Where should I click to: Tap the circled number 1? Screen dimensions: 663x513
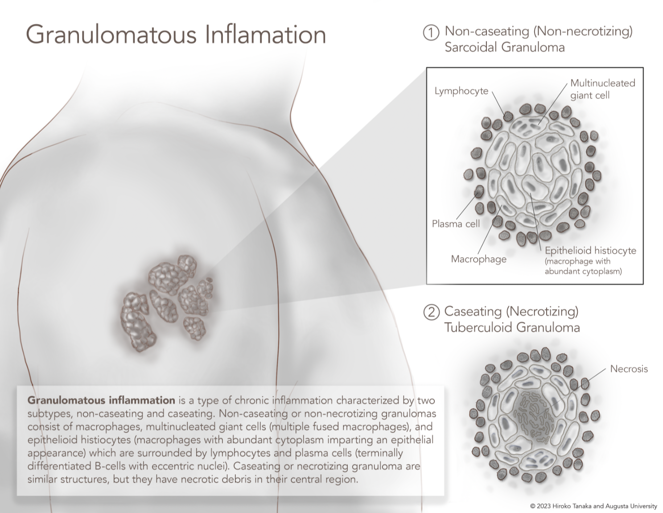(431, 33)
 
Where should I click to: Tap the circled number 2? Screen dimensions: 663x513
(431, 312)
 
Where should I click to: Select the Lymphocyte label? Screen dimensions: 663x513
(461, 91)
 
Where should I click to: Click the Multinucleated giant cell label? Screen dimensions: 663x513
(602, 89)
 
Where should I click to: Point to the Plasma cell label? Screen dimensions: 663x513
(456, 224)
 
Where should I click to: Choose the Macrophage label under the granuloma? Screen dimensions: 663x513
(478, 259)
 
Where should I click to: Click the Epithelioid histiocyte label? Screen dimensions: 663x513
(590, 251)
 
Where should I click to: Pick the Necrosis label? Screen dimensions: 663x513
(629, 369)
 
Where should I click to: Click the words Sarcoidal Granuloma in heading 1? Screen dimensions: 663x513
(504, 47)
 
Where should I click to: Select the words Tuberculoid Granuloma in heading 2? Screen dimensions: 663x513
(512, 327)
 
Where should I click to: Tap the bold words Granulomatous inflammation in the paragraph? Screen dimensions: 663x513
(101, 400)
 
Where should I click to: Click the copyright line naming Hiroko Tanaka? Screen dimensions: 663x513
(593, 506)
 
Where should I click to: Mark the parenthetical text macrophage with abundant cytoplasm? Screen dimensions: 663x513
(583, 266)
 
